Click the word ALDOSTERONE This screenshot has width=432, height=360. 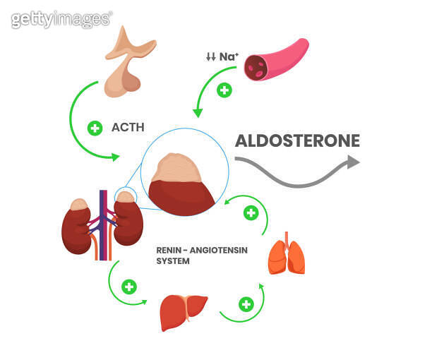click(296, 140)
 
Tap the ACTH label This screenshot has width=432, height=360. click(128, 128)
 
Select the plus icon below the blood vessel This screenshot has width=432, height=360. click(224, 90)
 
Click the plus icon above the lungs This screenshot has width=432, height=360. click(250, 212)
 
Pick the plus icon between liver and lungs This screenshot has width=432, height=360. click(245, 304)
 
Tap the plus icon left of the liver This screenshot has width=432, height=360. click(128, 287)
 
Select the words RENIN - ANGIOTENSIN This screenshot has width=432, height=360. click(202, 249)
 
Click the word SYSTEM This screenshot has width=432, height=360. click(172, 260)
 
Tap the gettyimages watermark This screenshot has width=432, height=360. click(61, 18)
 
